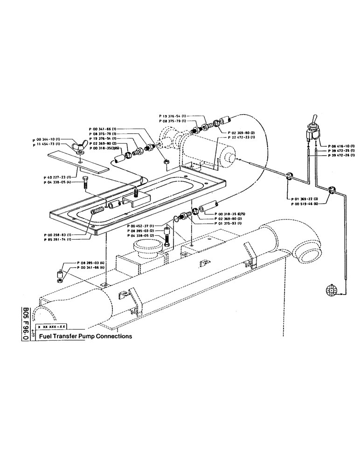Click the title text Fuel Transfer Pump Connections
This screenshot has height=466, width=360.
click(85, 336)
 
